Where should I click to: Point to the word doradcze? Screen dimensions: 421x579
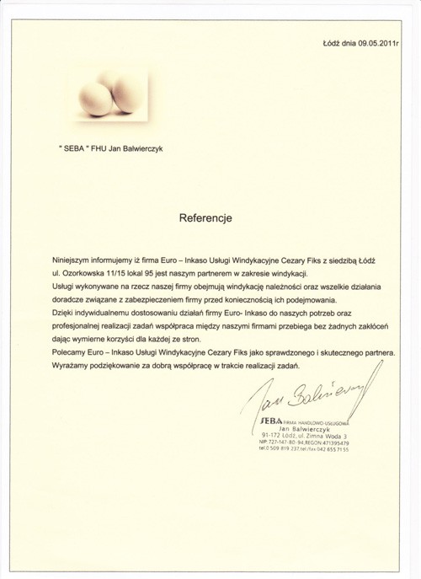70,300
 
